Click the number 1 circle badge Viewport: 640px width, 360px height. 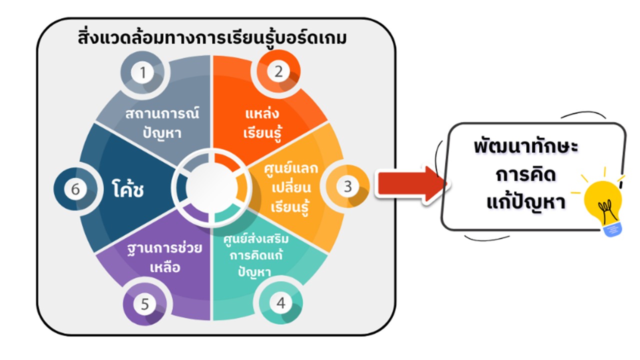coord(143,73)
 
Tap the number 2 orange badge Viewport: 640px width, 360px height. coord(278,71)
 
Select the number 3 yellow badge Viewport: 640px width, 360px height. coord(347,187)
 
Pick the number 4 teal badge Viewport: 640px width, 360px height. coord(280,302)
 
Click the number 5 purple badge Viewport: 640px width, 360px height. coord(145,304)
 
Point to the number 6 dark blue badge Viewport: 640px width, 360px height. coord(75,189)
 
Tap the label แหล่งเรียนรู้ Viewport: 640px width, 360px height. coord(260,123)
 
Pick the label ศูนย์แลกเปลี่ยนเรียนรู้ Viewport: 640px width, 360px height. coord(290,187)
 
